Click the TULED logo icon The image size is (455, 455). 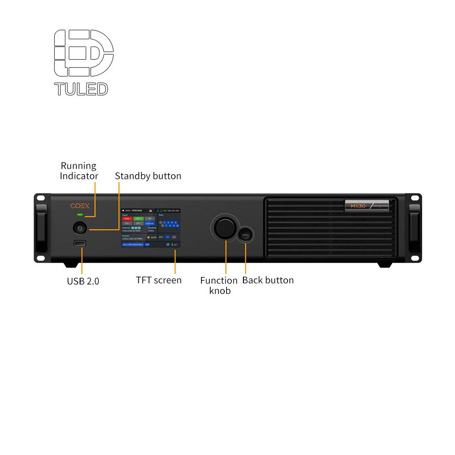click(x=84, y=53)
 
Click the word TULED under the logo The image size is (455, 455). click(x=81, y=89)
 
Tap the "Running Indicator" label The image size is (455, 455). click(x=79, y=171)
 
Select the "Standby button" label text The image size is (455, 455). click(x=148, y=176)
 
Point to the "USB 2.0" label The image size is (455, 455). click(x=83, y=281)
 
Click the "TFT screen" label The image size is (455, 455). click(x=158, y=280)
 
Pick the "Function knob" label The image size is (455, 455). click(x=219, y=285)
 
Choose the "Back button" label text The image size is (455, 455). click(x=268, y=280)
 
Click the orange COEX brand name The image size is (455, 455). click(x=80, y=206)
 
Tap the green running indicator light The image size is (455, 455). click(x=80, y=214)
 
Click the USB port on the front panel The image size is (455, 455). click(x=80, y=243)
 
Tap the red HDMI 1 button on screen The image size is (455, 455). click(x=127, y=219)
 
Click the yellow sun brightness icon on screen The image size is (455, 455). click(x=148, y=237)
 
